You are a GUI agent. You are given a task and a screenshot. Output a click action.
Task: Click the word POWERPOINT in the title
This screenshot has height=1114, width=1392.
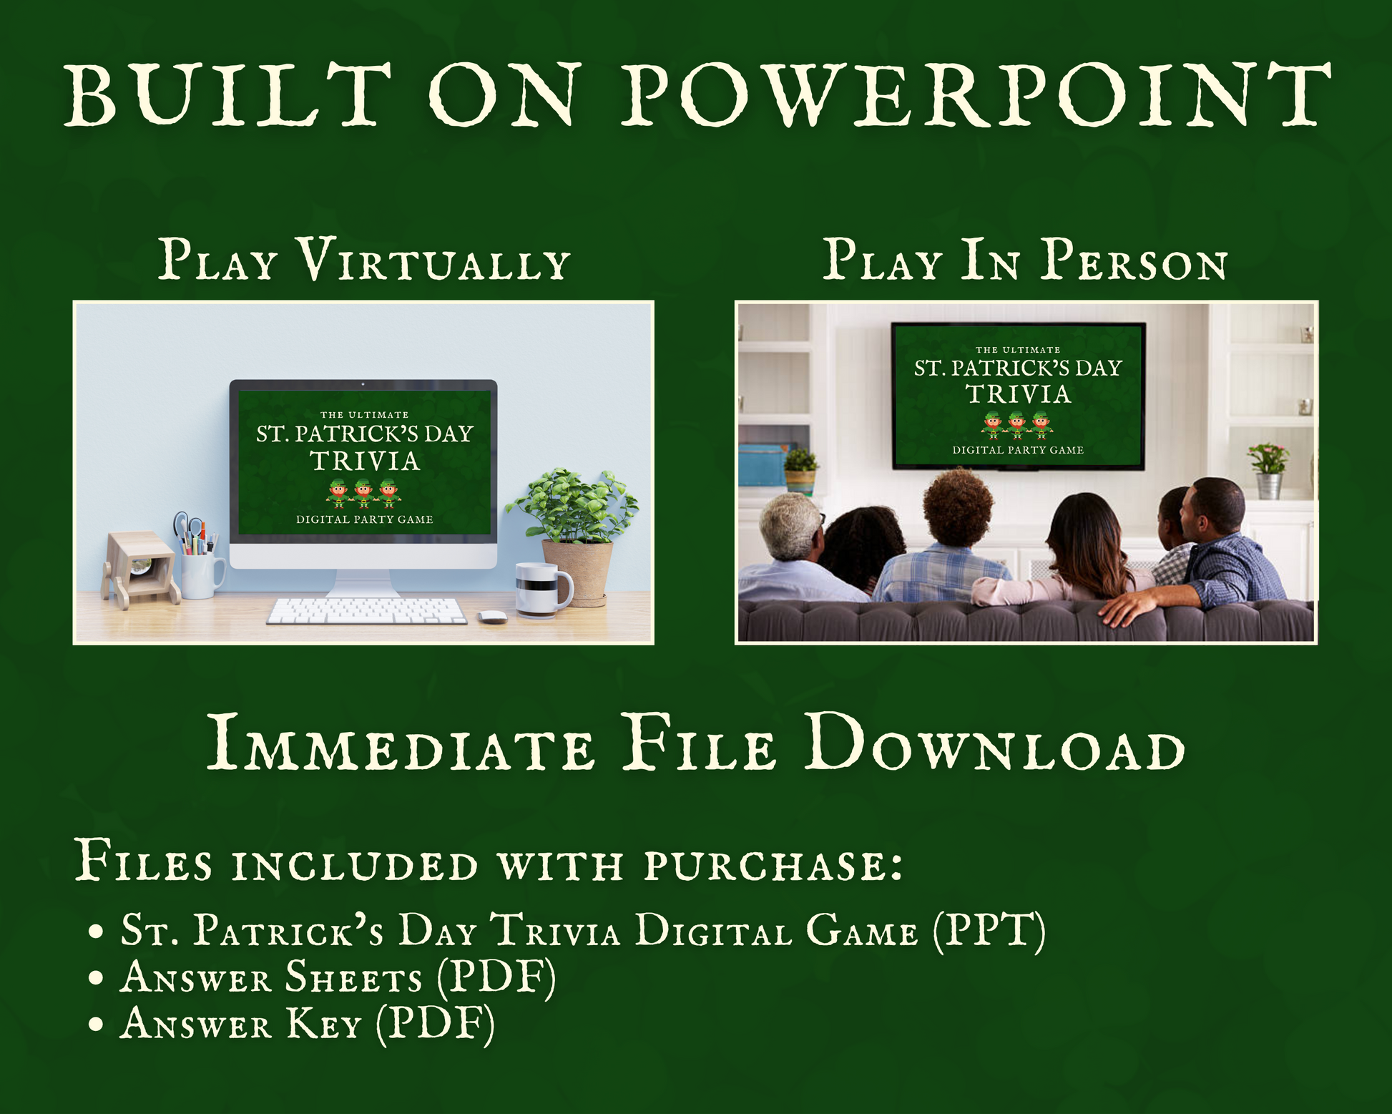pyautogui.click(x=976, y=95)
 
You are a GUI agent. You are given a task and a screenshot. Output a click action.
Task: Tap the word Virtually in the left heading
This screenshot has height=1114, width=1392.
pyautogui.click(x=434, y=259)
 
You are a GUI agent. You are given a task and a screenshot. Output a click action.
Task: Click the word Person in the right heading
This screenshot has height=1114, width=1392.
pyautogui.click(x=1134, y=259)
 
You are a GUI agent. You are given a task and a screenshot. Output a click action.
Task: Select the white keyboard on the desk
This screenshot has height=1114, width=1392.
pyautogui.click(x=367, y=611)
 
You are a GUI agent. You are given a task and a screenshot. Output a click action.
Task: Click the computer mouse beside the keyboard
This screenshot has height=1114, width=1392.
pyautogui.click(x=491, y=616)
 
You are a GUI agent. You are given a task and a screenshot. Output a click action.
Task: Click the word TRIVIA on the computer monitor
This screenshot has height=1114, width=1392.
pyautogui.click(x=365, y=461)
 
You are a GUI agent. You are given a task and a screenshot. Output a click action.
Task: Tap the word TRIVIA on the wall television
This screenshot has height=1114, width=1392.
pyautogui.click(x=1018, y=394)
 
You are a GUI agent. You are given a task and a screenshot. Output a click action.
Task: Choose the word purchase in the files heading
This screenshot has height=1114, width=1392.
pyautogui.click(x=773, y=864)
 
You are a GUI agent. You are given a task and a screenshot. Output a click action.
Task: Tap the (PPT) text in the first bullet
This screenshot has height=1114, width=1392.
pyautogui.click(x=989, y=930)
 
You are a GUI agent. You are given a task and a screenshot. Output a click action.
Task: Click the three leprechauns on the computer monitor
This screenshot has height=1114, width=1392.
pyautogui.click(x=364, y=494)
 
